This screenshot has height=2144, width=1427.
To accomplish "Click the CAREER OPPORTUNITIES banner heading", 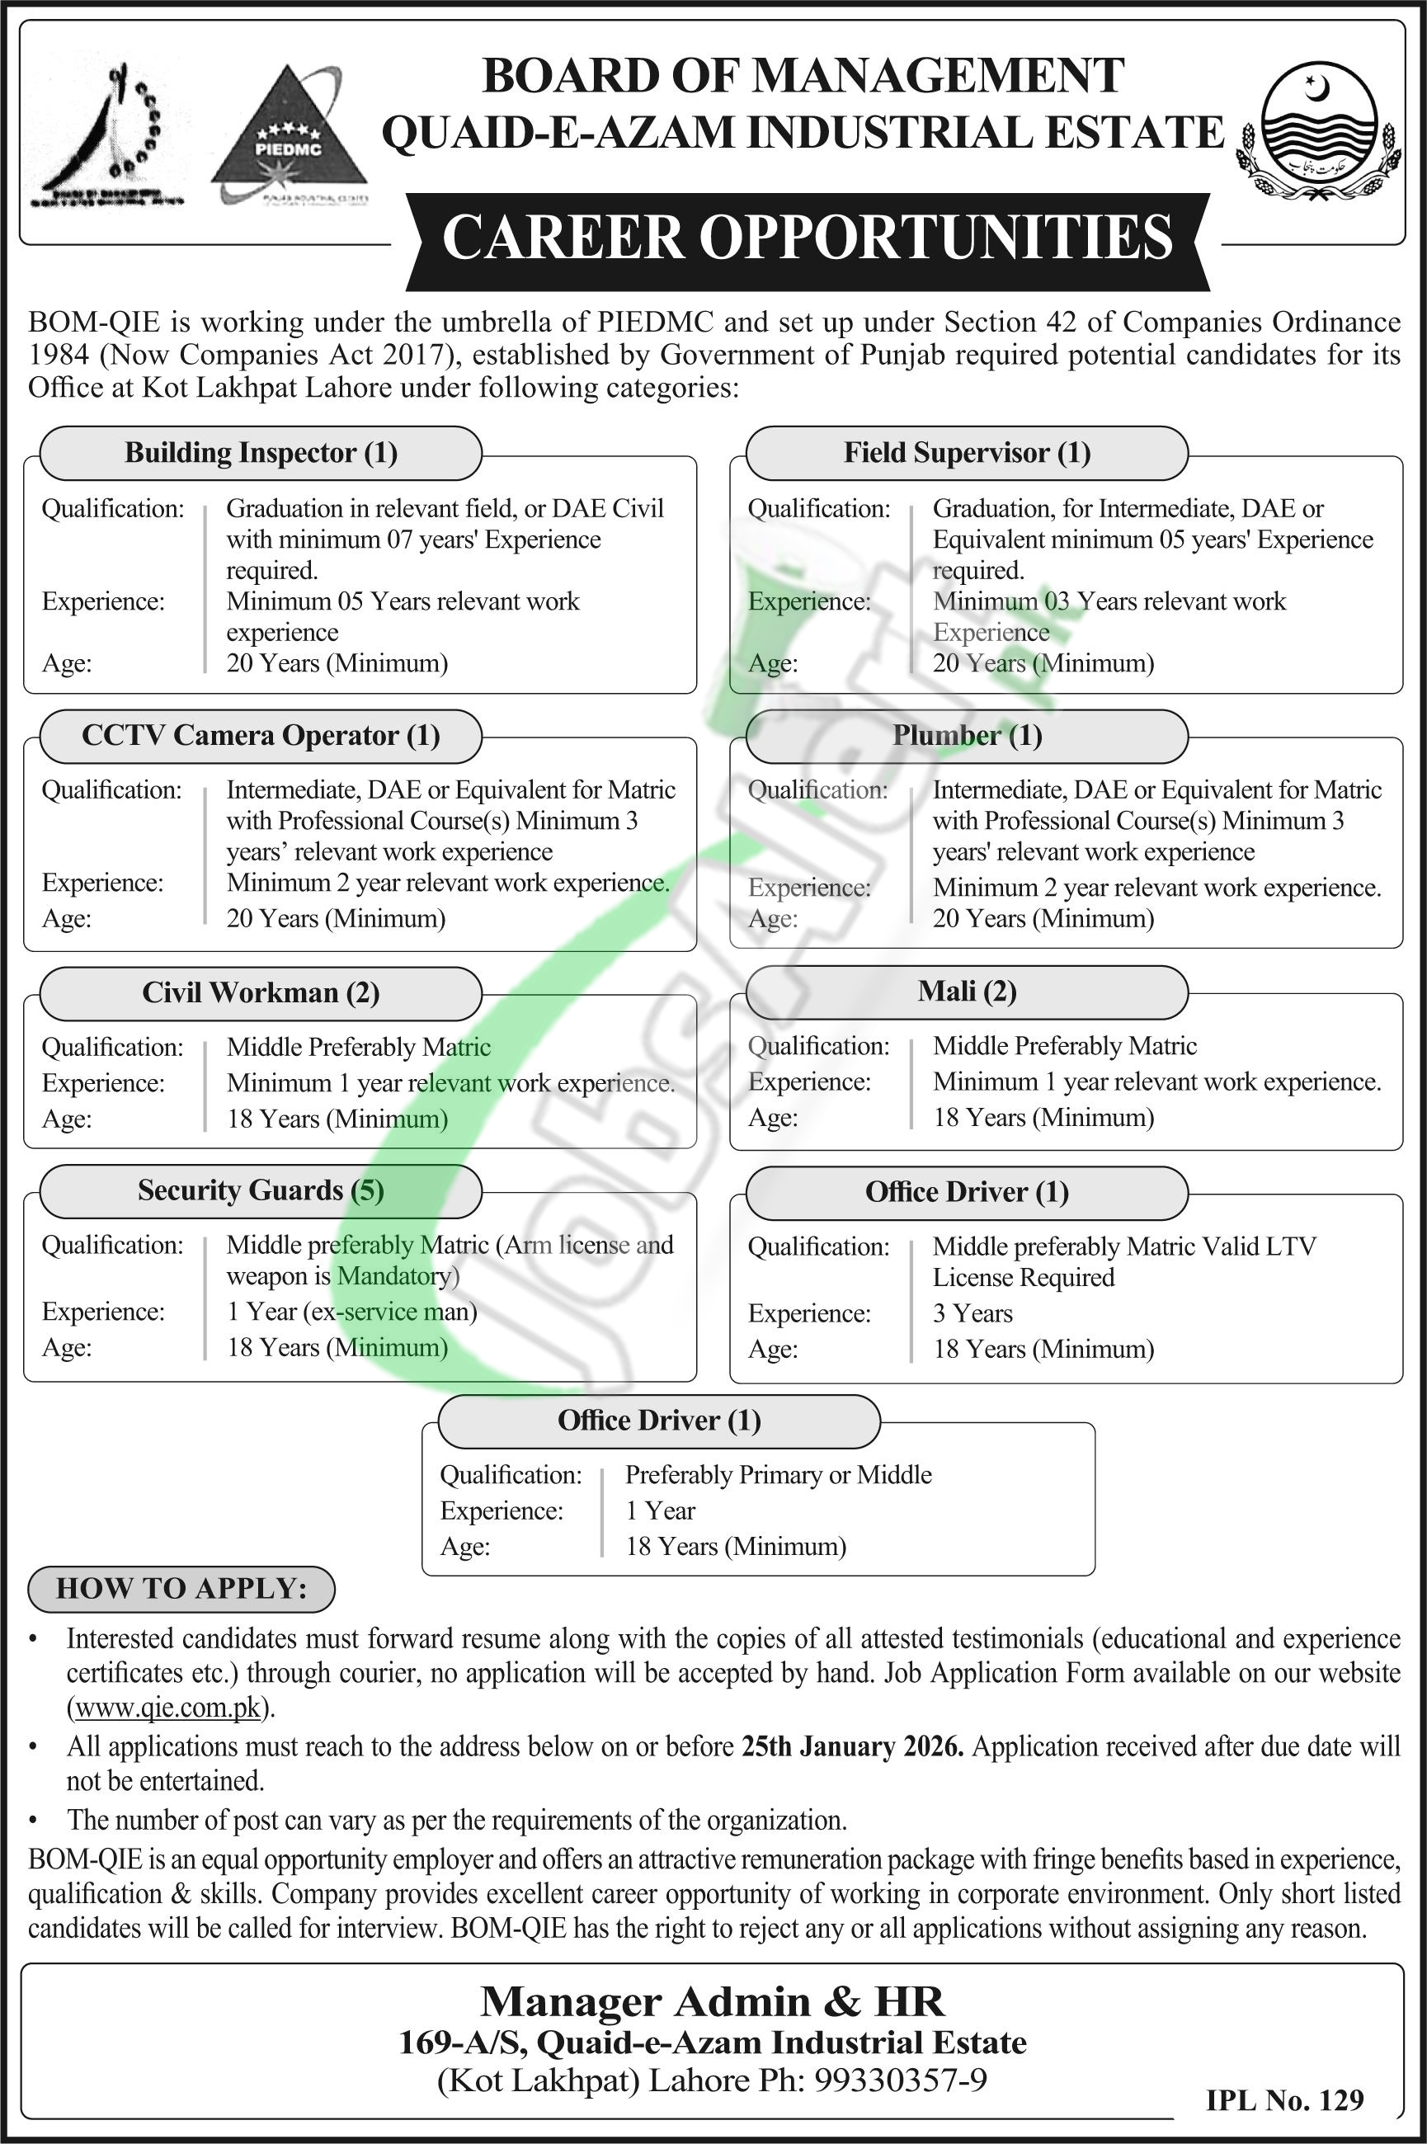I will (808, 238).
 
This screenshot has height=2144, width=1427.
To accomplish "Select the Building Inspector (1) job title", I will (261, 453).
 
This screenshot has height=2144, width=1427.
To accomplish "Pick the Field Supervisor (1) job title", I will (967, 453).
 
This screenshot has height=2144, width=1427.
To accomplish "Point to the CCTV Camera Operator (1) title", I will (261, 735).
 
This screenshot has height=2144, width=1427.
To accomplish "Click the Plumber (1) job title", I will (967, 735).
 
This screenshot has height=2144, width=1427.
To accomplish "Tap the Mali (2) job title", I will (967, 991).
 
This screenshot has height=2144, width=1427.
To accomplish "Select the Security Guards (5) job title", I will (261, 1190).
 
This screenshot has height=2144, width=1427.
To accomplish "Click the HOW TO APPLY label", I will (182, 1588).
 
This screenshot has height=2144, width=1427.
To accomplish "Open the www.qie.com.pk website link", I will (168, 1708).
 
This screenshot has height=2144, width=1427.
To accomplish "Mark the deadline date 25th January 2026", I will (852, 1747).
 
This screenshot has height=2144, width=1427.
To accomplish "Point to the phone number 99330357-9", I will (900, 2081).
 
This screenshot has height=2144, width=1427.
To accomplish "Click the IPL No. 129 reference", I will (1284, 2099).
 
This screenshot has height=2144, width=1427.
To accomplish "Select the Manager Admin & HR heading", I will (713, 2002).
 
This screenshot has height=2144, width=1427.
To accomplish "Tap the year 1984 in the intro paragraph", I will (59, 355).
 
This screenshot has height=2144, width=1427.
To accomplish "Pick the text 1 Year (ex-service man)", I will (352, 1312).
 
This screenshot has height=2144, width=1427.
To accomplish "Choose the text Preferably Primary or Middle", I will (778, 1475).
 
